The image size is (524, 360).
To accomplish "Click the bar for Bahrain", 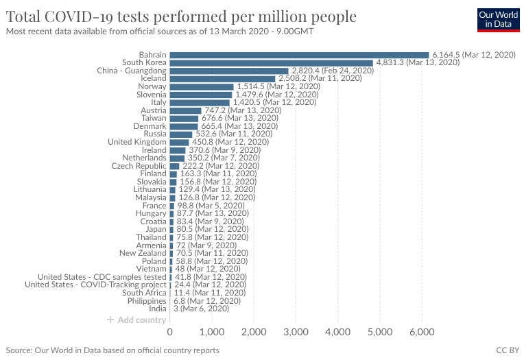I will (299, 55).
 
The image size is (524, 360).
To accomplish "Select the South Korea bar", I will (271, 63).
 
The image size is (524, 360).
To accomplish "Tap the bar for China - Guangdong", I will (229, 71).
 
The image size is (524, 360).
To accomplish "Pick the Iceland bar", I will (222, 79).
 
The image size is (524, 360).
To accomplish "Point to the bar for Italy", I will (200, 102).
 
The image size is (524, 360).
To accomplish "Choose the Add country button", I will (136, 320).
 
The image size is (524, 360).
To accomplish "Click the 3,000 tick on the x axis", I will (296, 333).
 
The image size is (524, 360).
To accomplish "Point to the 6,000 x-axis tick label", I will (422, 333).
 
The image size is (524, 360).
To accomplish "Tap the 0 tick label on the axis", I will (170, 333).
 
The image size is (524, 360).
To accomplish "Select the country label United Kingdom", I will (137, 142).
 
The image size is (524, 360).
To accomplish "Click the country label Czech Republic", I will (139, 166).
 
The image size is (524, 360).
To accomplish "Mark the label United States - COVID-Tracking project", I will (95, 285).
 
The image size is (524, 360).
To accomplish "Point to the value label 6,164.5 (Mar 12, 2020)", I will (473, 55).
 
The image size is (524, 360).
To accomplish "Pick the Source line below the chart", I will (112, 350).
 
